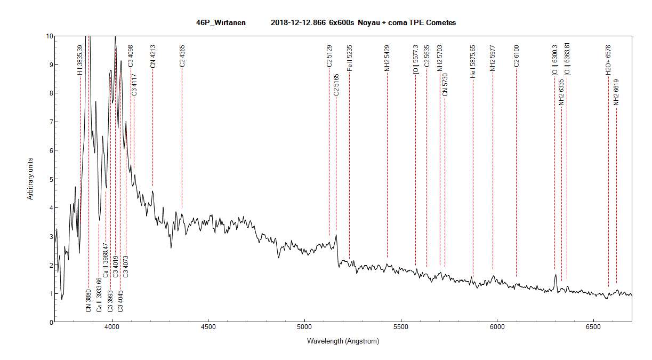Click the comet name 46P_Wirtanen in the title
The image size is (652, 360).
click(x=221, y=22)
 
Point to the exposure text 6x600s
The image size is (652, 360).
click(x=341, y=22)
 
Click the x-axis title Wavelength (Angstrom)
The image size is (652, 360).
click(x=343, y=341)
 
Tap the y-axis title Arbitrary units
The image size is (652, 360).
click(x=31, y=179)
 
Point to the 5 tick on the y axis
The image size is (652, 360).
click(x=50, y=179)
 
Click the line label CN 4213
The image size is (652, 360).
click(x=152, y=55)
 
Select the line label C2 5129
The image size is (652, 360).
click(x=329, y=56)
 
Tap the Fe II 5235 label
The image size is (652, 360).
click(x=349, y=58)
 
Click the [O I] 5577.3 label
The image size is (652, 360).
click(x=415, y=59)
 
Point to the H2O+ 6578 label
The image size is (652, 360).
click(x=608, y=59)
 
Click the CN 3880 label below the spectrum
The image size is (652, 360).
click(x=88, y=301)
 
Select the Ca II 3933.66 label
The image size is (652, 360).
click(x=99, y=294)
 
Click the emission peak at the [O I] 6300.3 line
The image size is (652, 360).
click(x=556, y=275)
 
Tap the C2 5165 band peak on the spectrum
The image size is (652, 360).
click(x=336, y=235)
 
